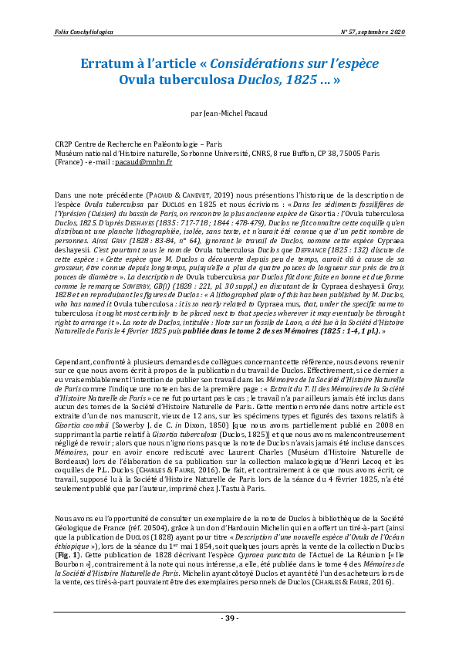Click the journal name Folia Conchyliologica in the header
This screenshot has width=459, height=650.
point(84,32)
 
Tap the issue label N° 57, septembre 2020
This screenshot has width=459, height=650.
point(373,32)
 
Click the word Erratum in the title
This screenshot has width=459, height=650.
point(110,63)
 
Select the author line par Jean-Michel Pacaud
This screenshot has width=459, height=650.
point(229,113)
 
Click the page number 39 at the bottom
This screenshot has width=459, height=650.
point(230,618)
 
